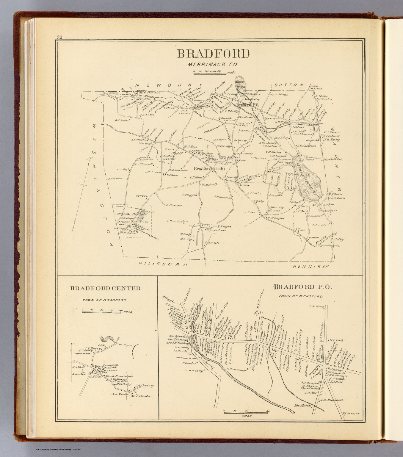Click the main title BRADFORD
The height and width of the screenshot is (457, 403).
pos(213,54)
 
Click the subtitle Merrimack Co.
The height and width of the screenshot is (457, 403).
pos(213,64)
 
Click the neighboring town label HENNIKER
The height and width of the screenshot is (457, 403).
pos(311,266)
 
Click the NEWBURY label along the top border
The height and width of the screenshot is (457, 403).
pos(169,85)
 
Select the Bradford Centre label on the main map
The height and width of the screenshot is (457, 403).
pos(210,169)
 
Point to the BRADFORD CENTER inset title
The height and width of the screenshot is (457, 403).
pos(105,288)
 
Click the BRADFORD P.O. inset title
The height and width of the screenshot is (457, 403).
pos(302,287)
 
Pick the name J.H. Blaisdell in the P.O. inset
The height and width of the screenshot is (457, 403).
pos(332,400)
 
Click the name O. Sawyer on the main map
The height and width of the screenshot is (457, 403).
pos(174,205)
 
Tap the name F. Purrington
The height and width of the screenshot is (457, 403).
pos(177,221)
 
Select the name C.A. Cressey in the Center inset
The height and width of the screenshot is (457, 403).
pos(144,386)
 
